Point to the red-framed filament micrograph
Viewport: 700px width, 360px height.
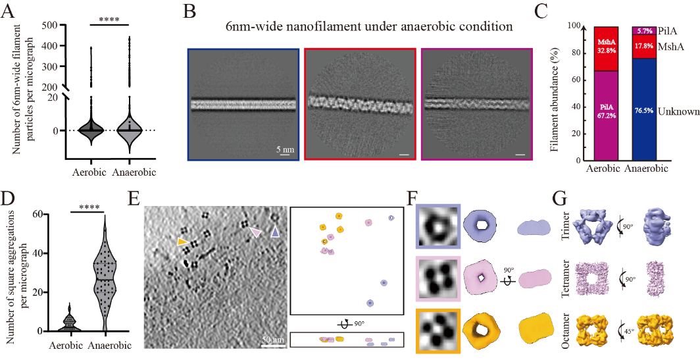[x=360, y=105]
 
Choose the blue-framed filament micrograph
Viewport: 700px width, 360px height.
[x=243, y=105]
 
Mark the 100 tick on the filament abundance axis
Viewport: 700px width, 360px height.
[x=576, y=26]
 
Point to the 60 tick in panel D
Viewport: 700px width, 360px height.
[x=49, y=214]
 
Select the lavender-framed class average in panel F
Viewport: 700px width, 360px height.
[x=438, y=226]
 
